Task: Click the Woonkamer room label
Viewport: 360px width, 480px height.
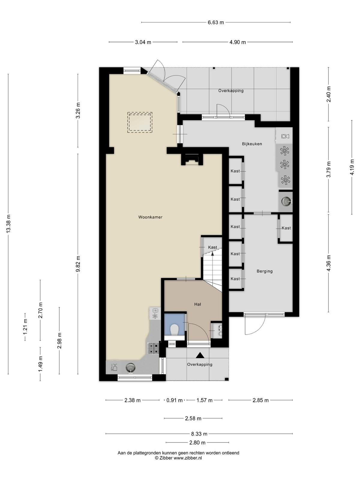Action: [x=150, y=217]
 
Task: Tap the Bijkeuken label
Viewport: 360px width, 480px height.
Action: [x=252, y=144]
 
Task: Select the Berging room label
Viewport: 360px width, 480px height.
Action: [x=265, y=271]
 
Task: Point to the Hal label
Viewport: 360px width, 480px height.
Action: [x=198, y=304]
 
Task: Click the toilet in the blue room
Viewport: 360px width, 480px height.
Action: [x=174, y=329]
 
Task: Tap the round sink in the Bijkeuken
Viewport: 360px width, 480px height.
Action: [x=286, y=200]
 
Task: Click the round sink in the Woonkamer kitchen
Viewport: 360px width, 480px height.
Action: [x=130, y=367]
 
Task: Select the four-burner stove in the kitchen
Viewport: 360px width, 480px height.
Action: [x=153, y=348]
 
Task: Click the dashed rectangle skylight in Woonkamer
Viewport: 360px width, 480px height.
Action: [x=140, y=122]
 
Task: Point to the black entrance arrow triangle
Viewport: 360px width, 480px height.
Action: [x=200, y=355]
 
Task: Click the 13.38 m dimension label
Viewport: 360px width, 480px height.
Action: [x=8, y=224]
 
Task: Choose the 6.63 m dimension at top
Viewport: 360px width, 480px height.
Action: [x=216, y=22]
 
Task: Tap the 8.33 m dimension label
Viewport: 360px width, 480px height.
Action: [x=199, y=433]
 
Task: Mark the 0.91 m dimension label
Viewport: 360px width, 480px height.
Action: [x=174, y=400]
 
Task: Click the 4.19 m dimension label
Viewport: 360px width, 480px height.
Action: [x=352, y=167]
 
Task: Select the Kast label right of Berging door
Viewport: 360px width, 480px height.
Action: [x=286, y=228]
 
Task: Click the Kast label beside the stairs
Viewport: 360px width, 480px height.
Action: [x=212, y=247]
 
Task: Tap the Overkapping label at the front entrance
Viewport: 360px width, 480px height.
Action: [x=199, y=364]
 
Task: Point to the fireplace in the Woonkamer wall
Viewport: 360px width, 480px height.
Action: [x=192, y=160]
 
